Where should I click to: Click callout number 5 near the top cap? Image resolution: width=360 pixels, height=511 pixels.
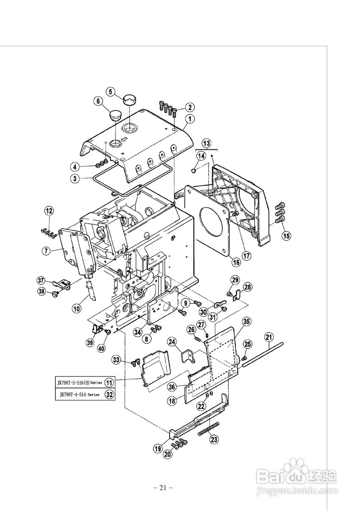pos(111,91)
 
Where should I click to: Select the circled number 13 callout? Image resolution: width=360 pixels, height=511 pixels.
pos(206,143)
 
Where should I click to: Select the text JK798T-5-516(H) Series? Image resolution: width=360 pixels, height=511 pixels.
pos(79,382)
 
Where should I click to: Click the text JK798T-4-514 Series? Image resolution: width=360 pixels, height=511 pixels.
pos(79,394)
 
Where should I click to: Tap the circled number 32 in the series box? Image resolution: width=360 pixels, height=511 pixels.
pos(109,394)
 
